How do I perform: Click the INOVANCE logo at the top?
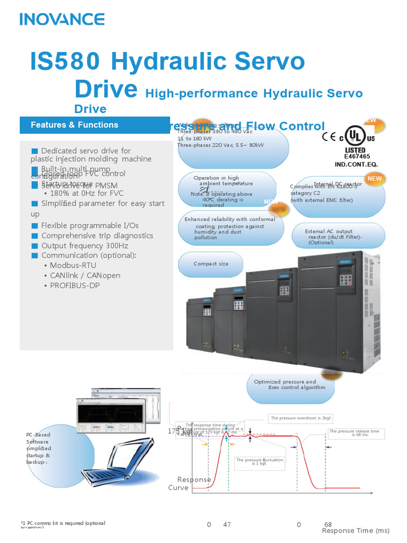pyautogui.click(x=62, y=20)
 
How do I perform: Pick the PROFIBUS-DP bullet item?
pyautogui.click(x=75, y=285)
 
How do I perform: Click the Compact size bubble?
pyautogui.click(x=211, y=264)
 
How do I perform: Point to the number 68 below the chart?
pyautogui.click(x=328, y=524)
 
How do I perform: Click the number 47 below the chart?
pyautogui.click(x=227, y=524)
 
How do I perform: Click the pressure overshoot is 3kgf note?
pyautogui.click(x=301, y=418)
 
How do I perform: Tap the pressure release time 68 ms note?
pyautogui.click(x=355, y=433)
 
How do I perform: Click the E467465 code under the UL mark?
pyautogui.click(x=357, y=157)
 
